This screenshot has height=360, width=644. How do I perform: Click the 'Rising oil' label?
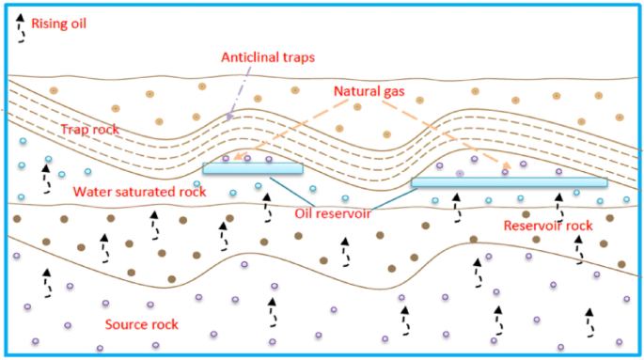click(x=58, y=23)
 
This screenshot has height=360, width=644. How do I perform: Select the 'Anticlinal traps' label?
click(x=267, y=57)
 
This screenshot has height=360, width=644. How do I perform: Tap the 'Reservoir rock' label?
click(x=547, y=226)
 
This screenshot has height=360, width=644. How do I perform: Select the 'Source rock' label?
click(x=141, y=325)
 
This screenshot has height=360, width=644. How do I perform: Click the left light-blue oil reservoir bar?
click(x=253, y=169)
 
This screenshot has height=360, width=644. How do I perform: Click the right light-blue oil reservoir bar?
click(x=509, y=182)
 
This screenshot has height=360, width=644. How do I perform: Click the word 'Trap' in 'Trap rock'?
click(x=74, y=129)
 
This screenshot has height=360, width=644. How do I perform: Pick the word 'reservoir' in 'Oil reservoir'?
click(x=341, y=213)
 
